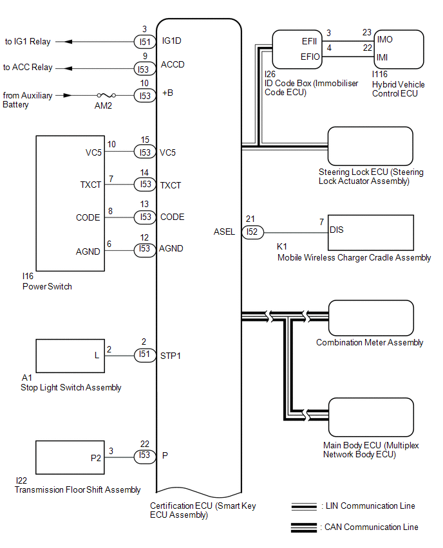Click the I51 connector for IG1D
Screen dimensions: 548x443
(144, 41)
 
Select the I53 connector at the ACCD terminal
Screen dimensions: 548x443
(144, 68)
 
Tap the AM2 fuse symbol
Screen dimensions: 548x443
(103, 95)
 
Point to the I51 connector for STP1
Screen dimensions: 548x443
(144, 355)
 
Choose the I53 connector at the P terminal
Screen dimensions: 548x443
(144, 456)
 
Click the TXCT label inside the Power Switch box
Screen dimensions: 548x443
(91, 185)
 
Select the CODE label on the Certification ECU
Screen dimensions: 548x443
(172, 217)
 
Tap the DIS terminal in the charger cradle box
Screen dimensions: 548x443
(336, 230)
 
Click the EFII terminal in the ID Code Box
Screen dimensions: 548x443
(312, 41)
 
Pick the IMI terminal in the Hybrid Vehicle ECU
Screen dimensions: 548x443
(385, 58)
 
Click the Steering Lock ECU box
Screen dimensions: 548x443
(370, 147)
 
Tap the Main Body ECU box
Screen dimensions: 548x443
(370, 418)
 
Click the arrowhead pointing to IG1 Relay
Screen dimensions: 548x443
(66, 42)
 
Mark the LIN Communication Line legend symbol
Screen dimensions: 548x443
(304, 506)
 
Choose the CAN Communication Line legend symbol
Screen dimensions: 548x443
(304, 527)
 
